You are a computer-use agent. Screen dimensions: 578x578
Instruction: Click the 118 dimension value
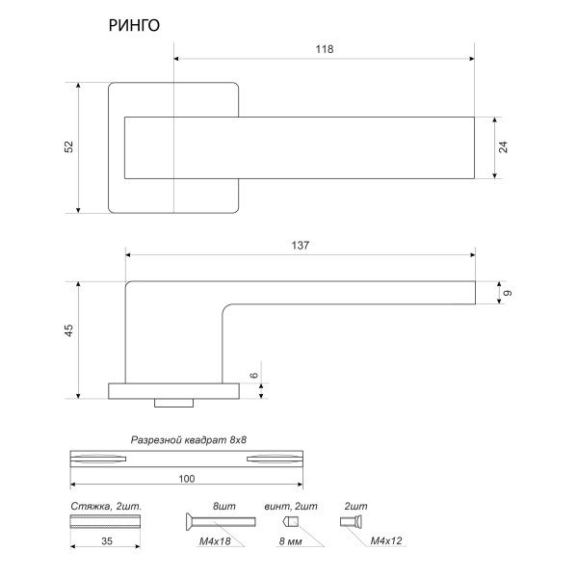(x=324, y=50)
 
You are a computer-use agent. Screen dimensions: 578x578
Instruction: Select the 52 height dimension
(x=68, y=146)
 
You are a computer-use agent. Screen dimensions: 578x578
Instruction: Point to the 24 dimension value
(x=503, y=147)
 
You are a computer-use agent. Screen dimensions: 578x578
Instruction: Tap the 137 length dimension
(x=300, y=246)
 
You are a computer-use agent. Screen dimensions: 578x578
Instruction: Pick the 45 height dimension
(x=68, y=332)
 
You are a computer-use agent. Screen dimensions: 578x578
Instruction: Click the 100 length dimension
(x=188, y=479)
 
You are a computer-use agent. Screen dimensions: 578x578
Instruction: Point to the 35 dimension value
(x=107, y=543)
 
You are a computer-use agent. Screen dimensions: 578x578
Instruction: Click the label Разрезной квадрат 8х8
(x=189, y=439)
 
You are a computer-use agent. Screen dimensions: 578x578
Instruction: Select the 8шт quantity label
(x=224, y=505)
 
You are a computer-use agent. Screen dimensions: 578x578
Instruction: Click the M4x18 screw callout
(x=214, y=543)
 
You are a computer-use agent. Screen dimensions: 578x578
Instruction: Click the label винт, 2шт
(x=290, y=505)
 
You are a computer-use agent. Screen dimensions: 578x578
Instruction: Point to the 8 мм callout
(x=290, y=543)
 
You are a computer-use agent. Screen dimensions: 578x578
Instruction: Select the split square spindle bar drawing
(x=188, y=460)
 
